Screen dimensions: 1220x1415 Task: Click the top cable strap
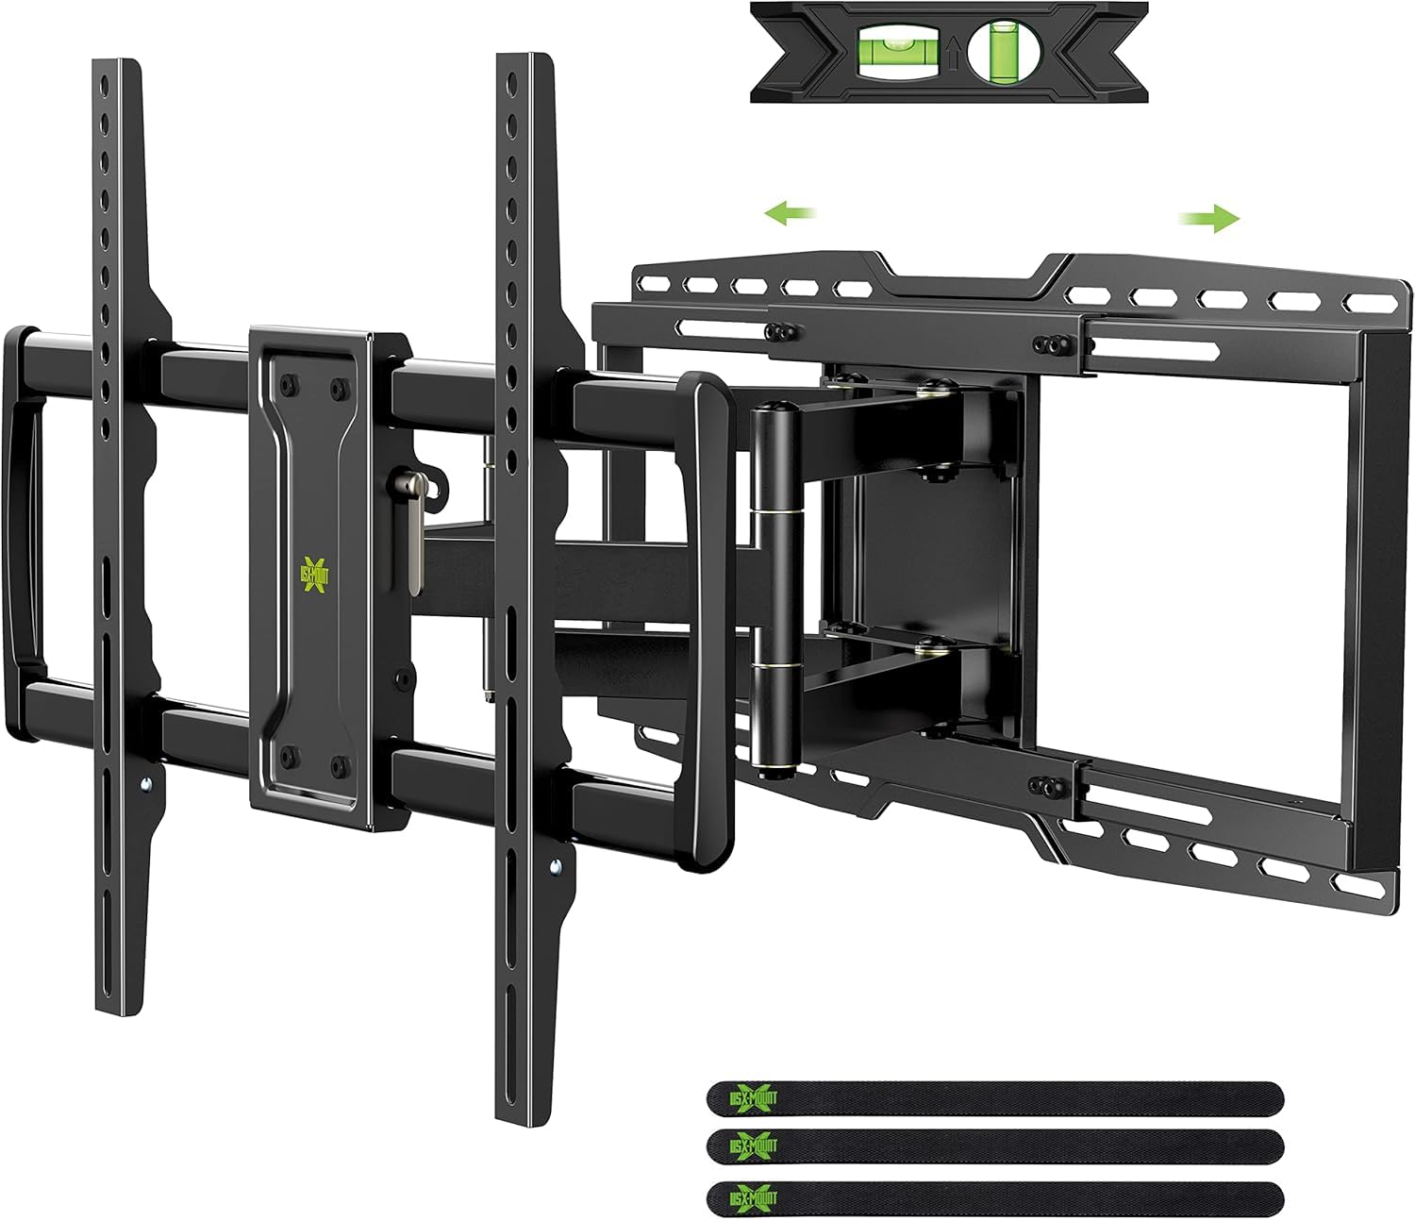click(994, 1099)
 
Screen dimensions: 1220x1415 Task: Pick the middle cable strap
click(994, 1146)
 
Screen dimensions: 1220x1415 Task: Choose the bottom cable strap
click(994, 1196)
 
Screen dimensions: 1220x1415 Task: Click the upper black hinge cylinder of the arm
click(772, 453)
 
